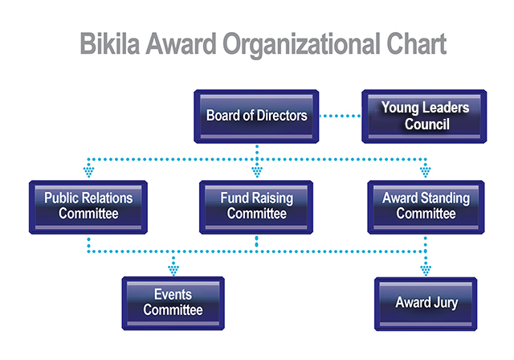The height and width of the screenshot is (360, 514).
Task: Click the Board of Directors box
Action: point(256,117)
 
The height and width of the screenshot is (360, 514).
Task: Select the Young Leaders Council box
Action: point(424,117)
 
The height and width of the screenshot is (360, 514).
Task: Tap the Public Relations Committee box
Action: point(88,207)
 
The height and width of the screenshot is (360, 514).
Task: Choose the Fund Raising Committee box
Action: point(256,207)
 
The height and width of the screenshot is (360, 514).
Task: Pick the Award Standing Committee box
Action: point(426,207)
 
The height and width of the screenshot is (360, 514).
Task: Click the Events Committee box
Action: point(173,303)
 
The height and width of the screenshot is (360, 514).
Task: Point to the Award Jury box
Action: point(426,304)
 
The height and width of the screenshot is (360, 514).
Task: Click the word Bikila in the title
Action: point(110,43)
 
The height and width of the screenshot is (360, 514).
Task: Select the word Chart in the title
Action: point(416,43)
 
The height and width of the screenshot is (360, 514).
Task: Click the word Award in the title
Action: point(182,43)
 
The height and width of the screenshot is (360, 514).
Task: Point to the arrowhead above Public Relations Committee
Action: point(88,172)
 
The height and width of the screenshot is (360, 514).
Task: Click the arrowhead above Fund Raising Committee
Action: point(257,172)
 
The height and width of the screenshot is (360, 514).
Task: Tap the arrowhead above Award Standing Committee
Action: point(425,172)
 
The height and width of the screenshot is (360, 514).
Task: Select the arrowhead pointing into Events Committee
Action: point(173,270)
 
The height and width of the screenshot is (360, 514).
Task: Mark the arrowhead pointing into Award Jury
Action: point(426,271)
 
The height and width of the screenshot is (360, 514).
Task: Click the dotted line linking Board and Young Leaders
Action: point(340,116)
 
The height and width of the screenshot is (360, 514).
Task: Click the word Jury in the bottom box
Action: point(446,303)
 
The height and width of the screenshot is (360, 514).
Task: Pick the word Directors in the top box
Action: point(282,116)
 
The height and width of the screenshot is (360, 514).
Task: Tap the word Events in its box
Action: point(173,294)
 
